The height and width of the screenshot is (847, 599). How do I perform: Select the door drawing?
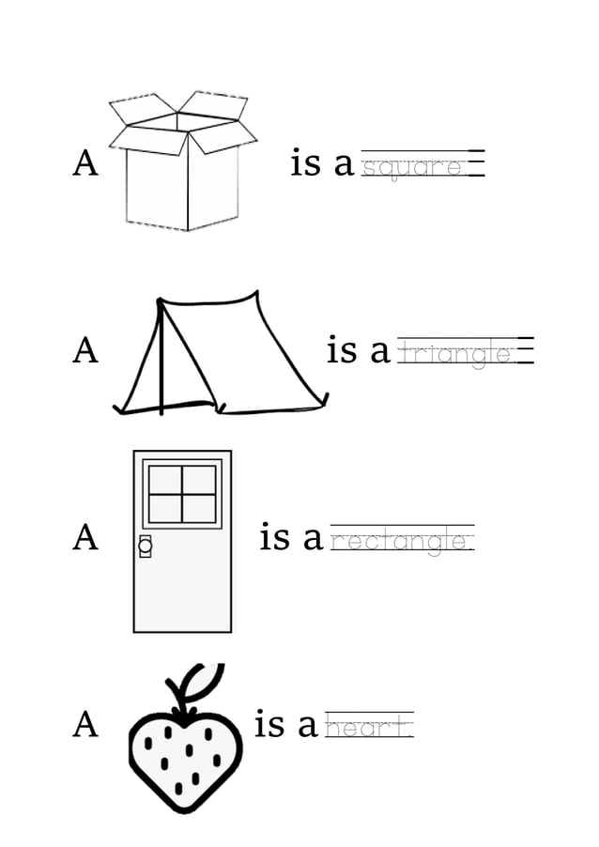182,541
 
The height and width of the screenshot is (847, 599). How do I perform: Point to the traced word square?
414,168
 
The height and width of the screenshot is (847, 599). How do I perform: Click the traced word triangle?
455,354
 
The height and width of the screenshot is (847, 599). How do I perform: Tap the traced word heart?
368,727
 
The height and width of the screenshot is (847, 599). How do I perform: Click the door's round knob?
145,544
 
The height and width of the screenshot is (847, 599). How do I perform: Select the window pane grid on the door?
182,493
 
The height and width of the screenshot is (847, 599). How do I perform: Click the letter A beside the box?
85,163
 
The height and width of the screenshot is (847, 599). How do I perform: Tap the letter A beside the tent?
85,351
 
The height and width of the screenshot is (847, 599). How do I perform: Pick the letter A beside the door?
85,538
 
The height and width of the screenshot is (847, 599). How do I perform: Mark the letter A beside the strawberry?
85,725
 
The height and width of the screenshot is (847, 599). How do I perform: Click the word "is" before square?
306,163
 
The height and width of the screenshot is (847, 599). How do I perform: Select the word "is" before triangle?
342,350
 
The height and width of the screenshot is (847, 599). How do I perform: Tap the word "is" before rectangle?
274,538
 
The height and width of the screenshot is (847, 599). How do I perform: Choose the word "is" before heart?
269,725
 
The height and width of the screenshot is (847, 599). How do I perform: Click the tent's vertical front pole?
161,362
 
